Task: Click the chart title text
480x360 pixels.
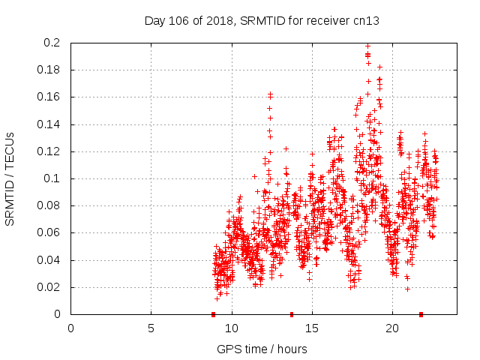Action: tap(262, 21)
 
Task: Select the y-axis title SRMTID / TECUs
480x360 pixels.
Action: tap(10, 179)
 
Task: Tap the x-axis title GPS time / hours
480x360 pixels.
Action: tap(262, 349)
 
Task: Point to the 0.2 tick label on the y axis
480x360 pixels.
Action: tap(52, 43)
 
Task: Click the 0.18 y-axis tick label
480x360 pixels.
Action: tap(49, 70)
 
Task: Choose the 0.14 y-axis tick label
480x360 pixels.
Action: tap(49, 124)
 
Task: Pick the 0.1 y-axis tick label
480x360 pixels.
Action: tap(52, 179)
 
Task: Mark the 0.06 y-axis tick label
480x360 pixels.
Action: tap(49, 233)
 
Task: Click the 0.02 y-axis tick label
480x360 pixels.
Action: tap(49, 287)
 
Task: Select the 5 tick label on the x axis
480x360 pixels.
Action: tap(151, 328)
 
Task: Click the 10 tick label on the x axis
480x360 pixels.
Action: tap(231, 328)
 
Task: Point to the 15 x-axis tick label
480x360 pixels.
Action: tap(311, 328)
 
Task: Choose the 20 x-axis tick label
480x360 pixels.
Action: tap(391, 328)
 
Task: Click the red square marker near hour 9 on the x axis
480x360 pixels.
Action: tap(214, 314)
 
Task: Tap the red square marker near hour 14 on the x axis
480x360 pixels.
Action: tap(292, 314)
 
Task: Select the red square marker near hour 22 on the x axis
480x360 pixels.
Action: tap(421, 314)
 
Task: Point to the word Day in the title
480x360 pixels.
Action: tap(154, 21)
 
